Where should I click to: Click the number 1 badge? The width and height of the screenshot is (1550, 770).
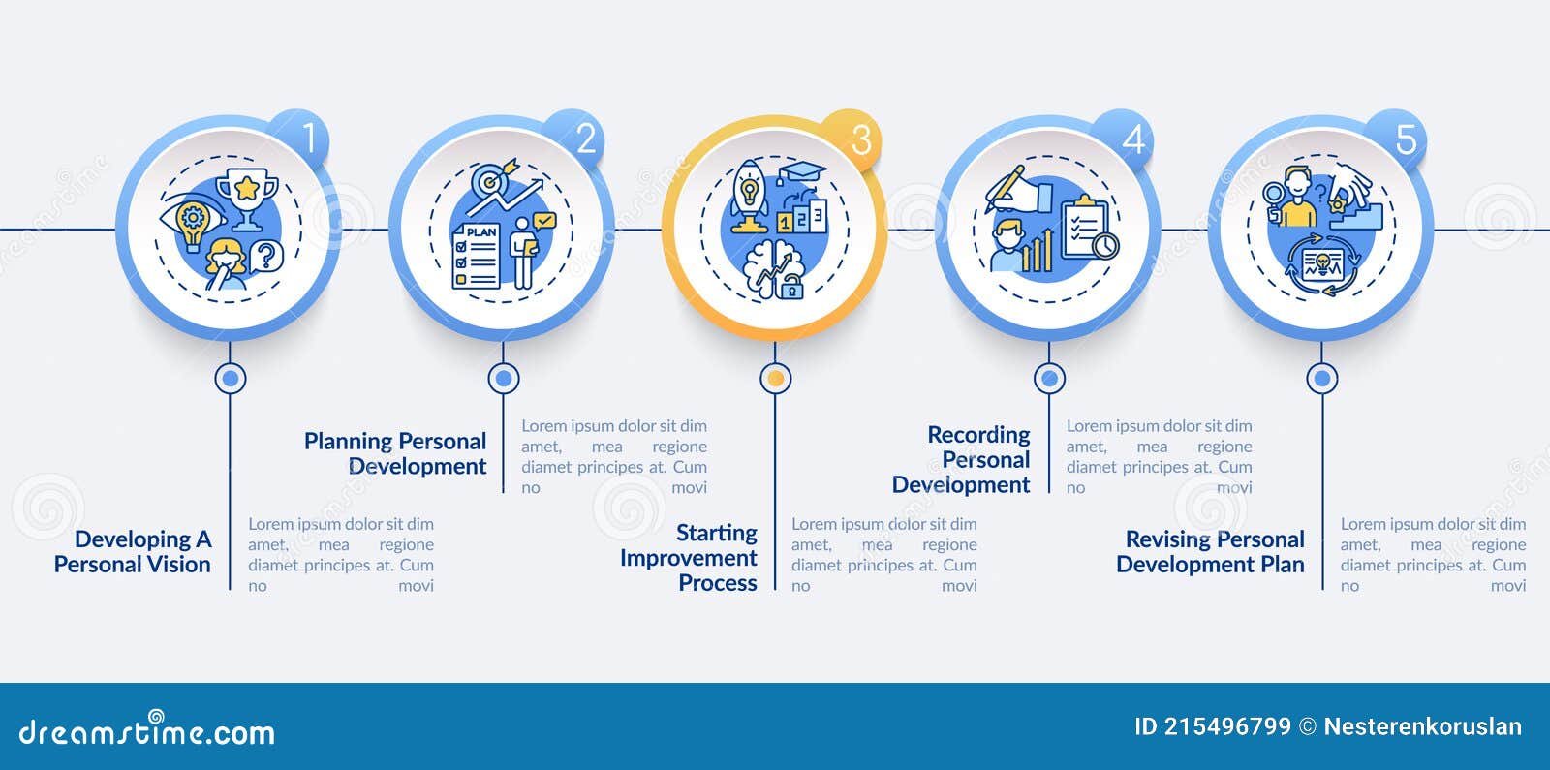click(309, 139)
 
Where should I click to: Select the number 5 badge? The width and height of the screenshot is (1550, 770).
click(1406, 139)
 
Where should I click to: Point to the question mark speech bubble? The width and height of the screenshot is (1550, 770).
click(265, 257)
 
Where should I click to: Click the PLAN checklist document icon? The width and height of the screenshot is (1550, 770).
click(477, 257)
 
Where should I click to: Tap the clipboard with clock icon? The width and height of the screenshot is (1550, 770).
click(1089, 230)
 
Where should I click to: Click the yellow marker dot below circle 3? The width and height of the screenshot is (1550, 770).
click(775, 379)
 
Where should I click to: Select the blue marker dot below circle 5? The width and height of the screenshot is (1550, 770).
click(1322, 379)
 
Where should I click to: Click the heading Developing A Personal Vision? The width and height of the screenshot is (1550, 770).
click(133, 552)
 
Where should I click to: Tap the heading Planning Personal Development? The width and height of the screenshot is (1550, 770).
click(395, 453)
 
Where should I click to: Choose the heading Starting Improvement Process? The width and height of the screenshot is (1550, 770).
click(689, 558)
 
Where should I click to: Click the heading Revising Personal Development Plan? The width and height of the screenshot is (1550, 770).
click(1211, 552)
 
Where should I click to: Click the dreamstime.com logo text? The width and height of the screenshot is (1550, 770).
click(147, 733)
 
